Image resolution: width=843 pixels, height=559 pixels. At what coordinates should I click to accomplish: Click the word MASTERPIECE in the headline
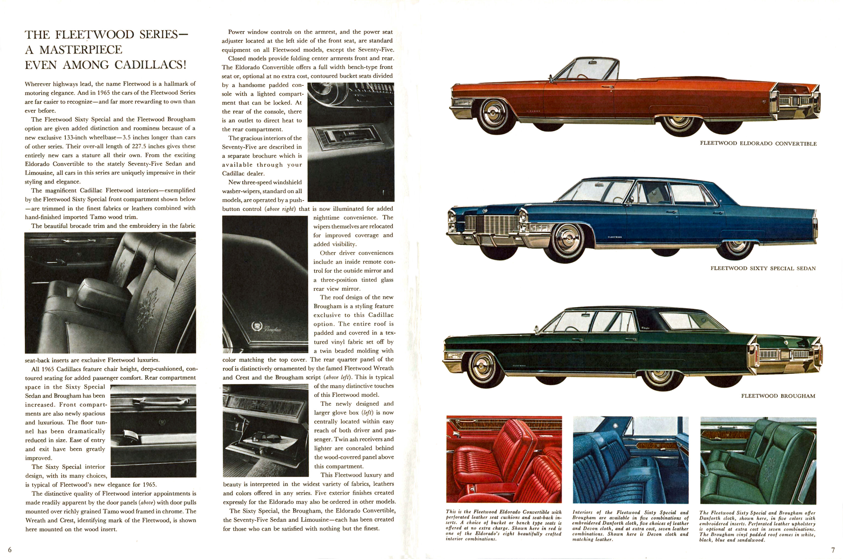coord(81,50)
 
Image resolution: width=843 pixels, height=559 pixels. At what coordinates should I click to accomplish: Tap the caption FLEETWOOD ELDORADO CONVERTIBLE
coord(758,143)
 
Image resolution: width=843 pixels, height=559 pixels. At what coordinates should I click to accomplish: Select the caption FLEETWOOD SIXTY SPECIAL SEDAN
coord(763,268)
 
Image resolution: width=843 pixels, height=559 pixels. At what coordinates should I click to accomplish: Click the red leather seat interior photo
coord(504,459)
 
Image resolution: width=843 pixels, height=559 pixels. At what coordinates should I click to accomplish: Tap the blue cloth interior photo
coord(630,460)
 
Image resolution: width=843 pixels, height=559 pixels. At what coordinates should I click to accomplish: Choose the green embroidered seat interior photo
coord(758,460)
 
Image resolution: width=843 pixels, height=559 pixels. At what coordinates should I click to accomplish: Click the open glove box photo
coord(265,430)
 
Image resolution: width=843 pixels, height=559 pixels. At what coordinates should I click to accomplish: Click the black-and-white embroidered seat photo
coord(110,292)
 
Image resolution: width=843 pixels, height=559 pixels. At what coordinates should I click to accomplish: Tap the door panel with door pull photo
coord(153,431)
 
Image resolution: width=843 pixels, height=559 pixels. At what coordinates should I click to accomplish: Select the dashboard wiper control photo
coord(351,142)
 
